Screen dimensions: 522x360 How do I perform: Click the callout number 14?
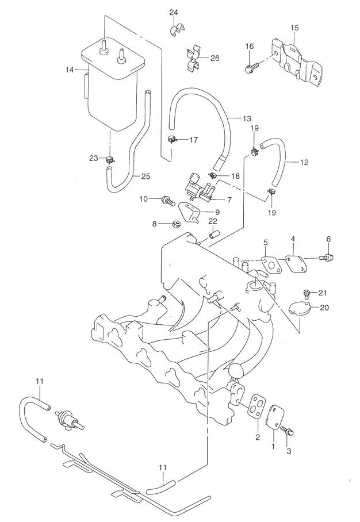(70, 70)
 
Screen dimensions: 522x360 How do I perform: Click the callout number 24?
(174, 12)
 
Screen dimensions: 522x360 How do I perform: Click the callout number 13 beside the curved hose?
(247, 118)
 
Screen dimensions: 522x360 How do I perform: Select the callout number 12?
(304, 162)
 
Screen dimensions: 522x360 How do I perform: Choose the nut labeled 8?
(170, 224)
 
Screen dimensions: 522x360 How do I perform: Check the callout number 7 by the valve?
(229, 200)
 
